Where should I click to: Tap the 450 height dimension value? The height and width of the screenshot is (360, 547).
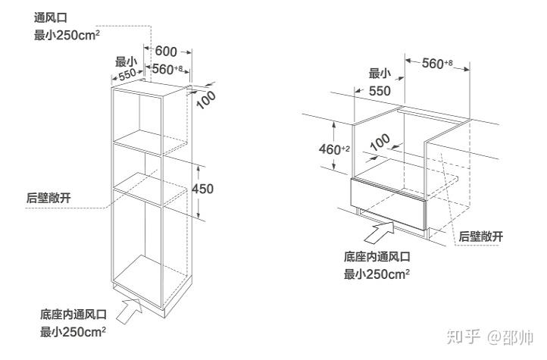tap(204, 189)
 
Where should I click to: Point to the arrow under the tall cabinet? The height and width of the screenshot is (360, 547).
tap(129, 308)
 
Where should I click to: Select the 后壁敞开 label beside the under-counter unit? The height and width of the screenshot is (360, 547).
tap(481, 236)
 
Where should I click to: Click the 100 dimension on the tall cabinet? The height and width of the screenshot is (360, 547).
tap(206, 99)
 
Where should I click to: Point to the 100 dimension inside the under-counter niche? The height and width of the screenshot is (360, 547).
tap(380, 141)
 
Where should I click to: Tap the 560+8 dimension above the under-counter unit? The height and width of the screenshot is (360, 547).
tap(436, 64)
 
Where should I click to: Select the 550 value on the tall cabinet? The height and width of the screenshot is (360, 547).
tap(127, 74)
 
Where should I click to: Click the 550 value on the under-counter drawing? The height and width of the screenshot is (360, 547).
tap(380, 91)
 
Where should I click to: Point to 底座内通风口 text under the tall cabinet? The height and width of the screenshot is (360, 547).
tap(73, 314)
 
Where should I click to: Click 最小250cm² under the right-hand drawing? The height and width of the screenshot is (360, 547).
tap(377, 274)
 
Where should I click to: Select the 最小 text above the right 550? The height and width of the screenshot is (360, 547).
tap(380, 74)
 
